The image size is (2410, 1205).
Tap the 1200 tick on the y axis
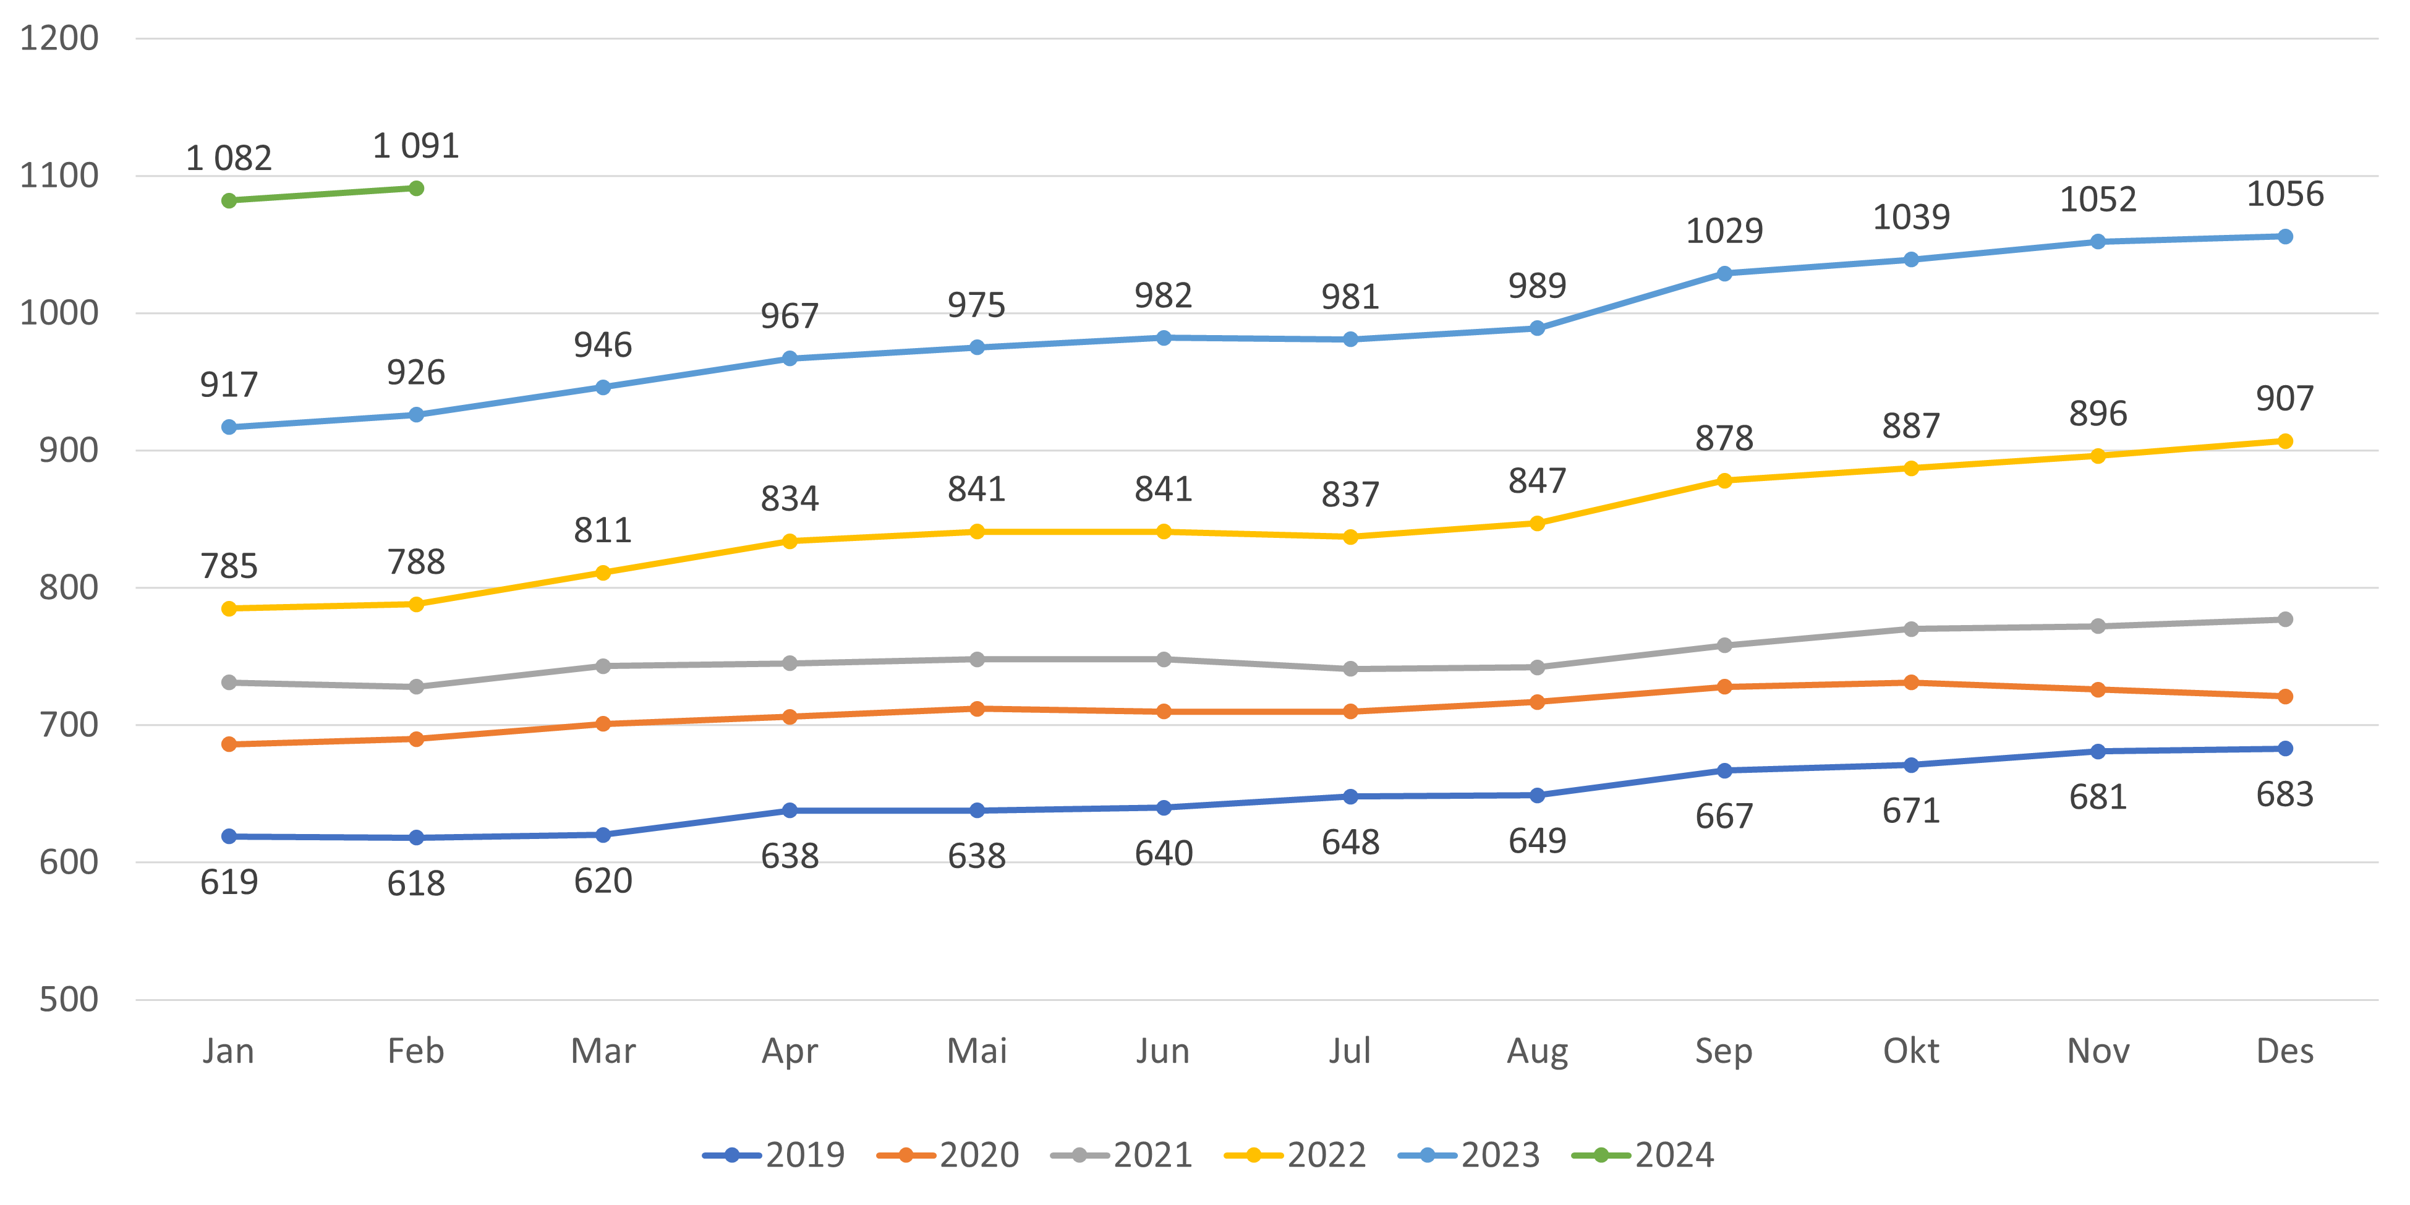pos(59,38)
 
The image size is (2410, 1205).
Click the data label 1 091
pos(416,146)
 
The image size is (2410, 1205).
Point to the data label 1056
pos(2284,194)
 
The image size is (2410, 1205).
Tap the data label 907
pos(2284,399)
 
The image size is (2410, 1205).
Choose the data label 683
pos(2284,794)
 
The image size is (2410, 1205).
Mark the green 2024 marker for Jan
pos(229,201)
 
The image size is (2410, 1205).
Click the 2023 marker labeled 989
pos(1537,328)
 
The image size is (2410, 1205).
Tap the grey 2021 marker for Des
pos(2284,620)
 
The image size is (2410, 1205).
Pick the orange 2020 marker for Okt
pos(1911,683)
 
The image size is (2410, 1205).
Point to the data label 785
pos(229,566)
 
